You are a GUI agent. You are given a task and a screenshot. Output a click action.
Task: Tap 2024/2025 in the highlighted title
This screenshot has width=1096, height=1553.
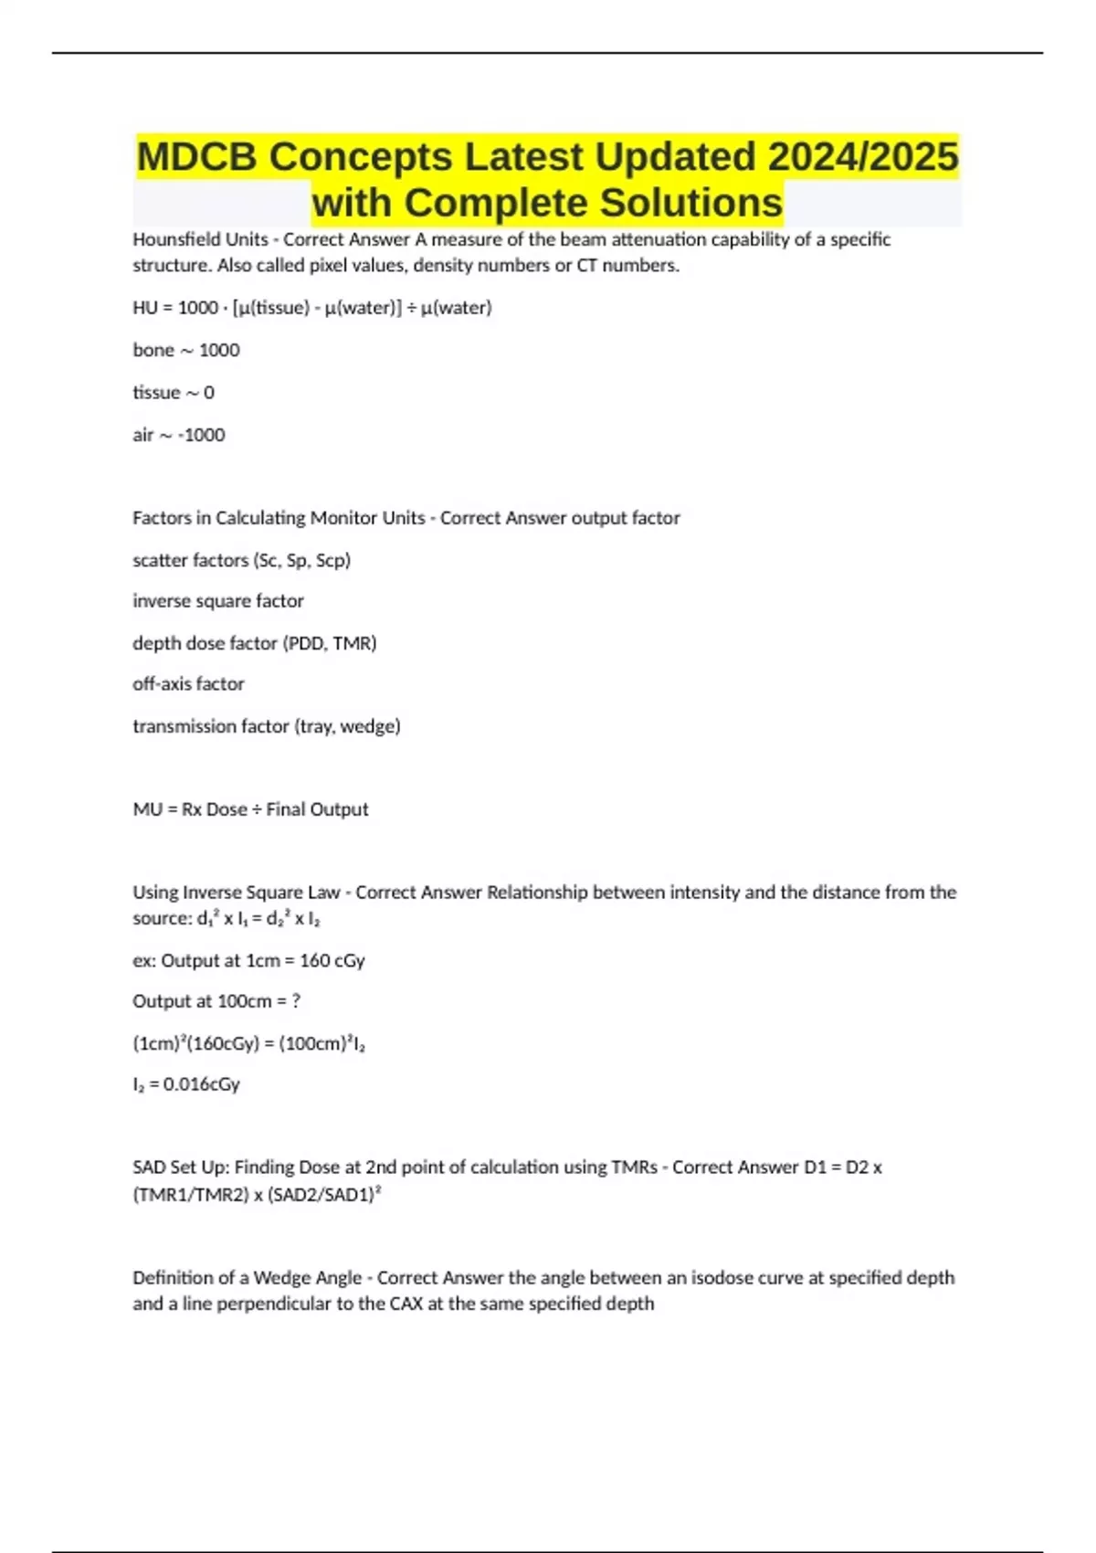[863, 156]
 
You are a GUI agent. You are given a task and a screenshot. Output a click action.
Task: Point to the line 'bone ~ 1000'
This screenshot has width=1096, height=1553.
[186, 350]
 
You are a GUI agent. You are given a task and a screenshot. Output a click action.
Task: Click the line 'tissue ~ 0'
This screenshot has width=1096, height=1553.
[174, 392]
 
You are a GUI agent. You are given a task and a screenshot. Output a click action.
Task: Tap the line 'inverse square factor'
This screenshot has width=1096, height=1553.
[218, 601]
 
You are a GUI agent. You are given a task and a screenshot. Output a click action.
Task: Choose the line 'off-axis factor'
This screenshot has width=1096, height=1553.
[188, 683]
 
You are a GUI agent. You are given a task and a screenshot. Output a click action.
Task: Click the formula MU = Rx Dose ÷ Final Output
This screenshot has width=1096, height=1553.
[250, 809]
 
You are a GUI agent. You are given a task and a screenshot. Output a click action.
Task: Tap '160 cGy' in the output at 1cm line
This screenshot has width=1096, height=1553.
[332, 960]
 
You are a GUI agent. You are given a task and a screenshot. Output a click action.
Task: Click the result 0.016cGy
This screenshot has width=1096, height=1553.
[201, 1084]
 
